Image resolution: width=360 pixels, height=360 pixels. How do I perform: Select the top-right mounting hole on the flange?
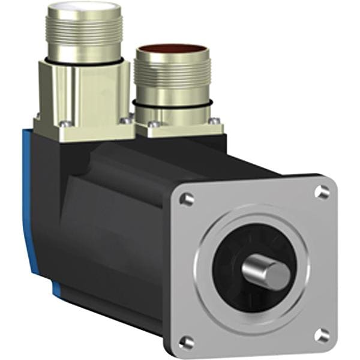click(323, 192)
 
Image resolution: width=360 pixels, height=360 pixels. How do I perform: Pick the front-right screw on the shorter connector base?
click(211, 120)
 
